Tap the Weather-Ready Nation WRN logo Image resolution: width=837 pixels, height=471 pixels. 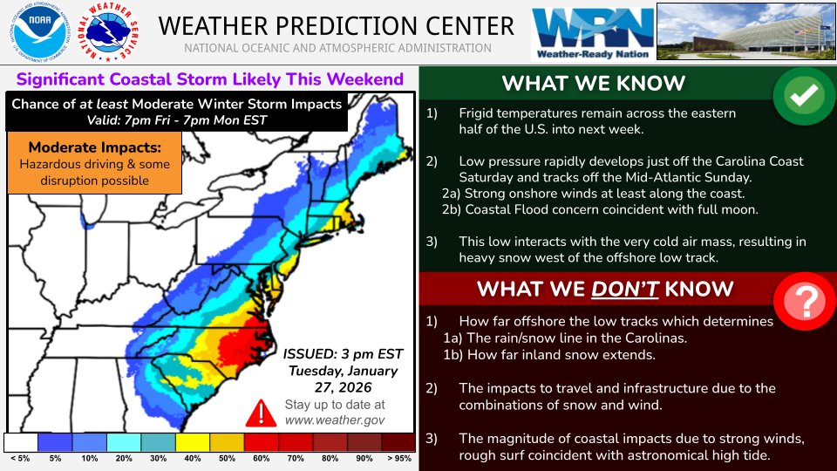(x=593, y=32)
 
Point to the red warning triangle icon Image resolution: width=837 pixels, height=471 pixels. (x=259, y=412)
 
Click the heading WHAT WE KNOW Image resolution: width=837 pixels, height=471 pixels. (x=594, y=84)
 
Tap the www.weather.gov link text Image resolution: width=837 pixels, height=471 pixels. (x=334, y=420)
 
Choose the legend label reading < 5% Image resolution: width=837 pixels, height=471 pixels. (x=20, y=459)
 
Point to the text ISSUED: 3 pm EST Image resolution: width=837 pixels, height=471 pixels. (x=344, y=353)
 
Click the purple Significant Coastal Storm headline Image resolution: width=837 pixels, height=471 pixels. (x=210, y=80)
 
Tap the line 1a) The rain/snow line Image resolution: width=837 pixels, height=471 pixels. (x=566, y=338)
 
